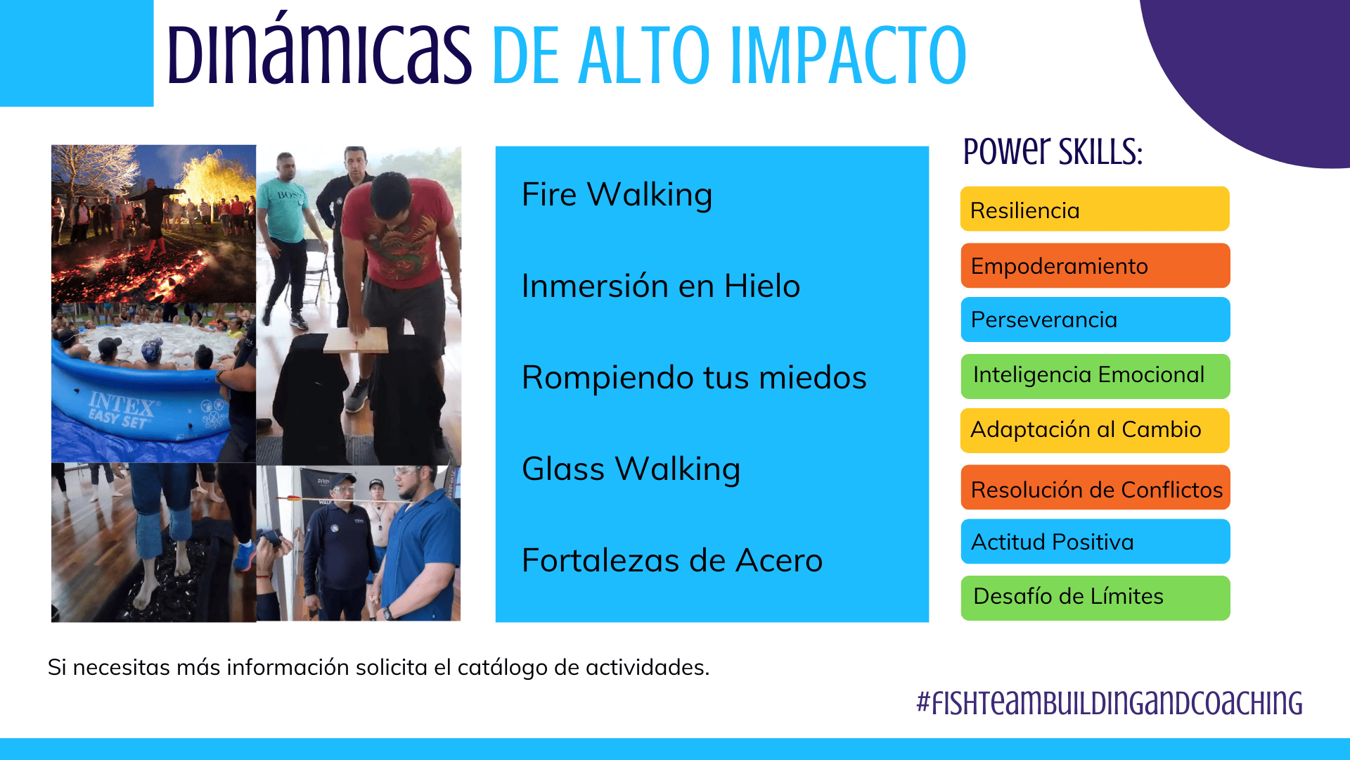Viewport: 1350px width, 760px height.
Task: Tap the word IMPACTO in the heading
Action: coord(849,56)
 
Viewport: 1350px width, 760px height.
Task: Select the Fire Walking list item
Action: coord(617,195)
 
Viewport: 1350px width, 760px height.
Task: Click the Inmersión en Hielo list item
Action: coord(661,286)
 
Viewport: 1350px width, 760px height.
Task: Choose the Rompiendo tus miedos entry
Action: coord(694,378)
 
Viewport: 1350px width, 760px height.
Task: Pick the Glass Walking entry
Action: coord(631,469)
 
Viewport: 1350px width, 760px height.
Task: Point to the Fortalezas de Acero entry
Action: coord(672,561)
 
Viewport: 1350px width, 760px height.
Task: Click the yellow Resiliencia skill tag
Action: coord(1095,209)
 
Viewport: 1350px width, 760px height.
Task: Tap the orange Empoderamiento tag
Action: coord(1095,265)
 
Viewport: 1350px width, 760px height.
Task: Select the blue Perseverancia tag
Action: coord(1095,319)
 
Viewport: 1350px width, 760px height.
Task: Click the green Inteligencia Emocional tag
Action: coord(1095,376)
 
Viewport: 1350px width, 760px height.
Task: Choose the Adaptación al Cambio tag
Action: coord(1095,430)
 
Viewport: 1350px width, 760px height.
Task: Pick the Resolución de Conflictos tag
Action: coord(1095,487)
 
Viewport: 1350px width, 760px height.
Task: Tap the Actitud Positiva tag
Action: coord(1095,541)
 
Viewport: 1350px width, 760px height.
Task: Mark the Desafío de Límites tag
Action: coord(1095,598)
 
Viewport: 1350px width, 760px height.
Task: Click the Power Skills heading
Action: coord(1053,151)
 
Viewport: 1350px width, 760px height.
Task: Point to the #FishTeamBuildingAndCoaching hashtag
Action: coord(1110,703)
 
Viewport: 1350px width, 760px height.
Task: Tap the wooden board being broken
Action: coord(356,340)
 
